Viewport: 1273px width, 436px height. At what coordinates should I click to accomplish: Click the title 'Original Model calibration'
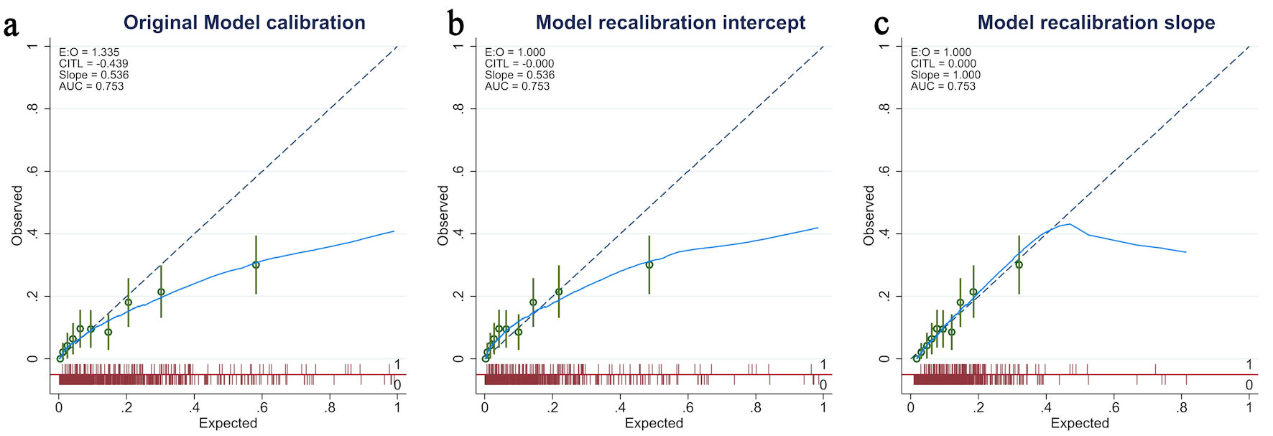tap(244, 22)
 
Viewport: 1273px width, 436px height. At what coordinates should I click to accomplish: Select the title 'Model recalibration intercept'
tap(670, 22)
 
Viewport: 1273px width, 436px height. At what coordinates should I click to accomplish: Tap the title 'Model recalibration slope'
tap(1096, 22)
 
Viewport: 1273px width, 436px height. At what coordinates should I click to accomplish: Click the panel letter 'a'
tap(11, 26)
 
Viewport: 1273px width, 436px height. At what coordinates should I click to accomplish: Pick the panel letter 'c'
tap(881, 26)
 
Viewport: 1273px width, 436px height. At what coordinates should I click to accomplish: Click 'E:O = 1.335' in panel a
tap(89, 52)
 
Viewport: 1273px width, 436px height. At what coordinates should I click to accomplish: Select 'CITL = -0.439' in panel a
tap(93, 63)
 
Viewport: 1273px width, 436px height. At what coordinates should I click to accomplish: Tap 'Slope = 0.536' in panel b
tap(519, 75)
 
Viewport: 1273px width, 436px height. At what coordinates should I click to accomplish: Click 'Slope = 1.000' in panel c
tap(945, 75)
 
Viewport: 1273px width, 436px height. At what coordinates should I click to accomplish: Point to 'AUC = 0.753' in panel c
tap(943, 86)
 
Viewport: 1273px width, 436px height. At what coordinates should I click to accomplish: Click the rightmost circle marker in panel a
tap(256, 264)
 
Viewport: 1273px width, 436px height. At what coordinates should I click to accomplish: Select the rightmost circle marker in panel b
tap(649, 264)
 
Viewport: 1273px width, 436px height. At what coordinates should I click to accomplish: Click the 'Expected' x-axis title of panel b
tap(654, 423)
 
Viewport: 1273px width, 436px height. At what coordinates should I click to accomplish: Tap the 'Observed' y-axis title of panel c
tap(869, 215)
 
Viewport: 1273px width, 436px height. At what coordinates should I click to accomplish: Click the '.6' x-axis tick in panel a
tap(262, 408)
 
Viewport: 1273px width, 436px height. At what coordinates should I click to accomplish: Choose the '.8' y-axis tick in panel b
tap(458, 108)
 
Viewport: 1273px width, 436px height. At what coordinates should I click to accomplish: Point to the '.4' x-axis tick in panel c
tap(1046, 408)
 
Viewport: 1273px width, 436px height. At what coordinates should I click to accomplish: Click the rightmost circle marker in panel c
tap(1019, 264)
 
